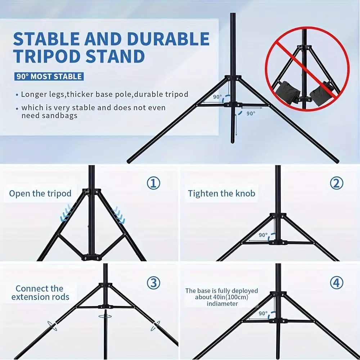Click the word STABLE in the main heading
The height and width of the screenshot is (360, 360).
coord(46,39)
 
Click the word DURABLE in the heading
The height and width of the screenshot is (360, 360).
coord(168,39)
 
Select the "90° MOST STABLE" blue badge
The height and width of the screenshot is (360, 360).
coord(49,76)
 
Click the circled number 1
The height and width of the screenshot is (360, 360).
coord(153,183)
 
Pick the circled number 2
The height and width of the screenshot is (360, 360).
coord(337,183)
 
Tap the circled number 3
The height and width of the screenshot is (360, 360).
coord(153,283)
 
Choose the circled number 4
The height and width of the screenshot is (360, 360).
coord(337,283)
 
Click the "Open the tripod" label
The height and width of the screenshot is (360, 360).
coord(40,194)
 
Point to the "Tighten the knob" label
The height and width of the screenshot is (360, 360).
coord(221,194)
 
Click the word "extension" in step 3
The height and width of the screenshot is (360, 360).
coord(30,297)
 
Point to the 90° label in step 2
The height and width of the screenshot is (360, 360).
coord(263,235)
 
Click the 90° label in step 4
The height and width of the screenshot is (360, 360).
coord(263,314)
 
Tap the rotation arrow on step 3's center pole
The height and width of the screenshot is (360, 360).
coord(105,316)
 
